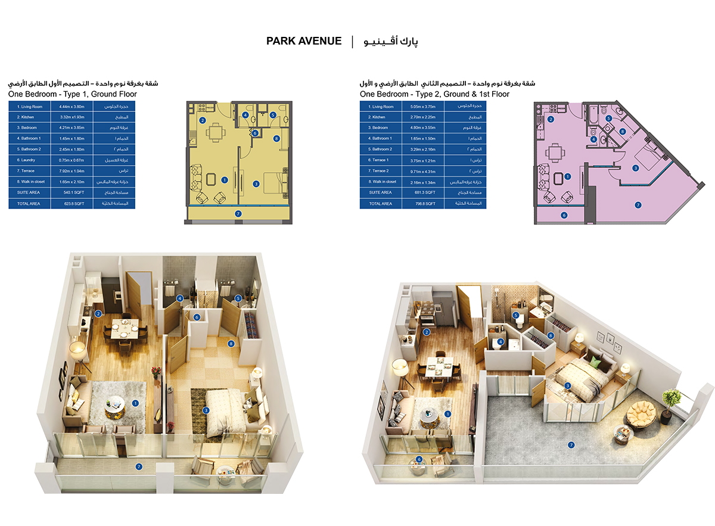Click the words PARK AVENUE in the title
(x=304, y=41)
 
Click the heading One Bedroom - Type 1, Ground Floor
(x=73, y=94)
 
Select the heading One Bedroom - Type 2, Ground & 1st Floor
(x=434, y=94)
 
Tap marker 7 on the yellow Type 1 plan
(x=238, y=213)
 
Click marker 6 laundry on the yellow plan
(x=254, y=133)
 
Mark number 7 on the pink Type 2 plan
(x=638, y=205)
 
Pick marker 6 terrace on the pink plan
(x=563, y=215)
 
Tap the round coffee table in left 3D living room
(x=115, y=407)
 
